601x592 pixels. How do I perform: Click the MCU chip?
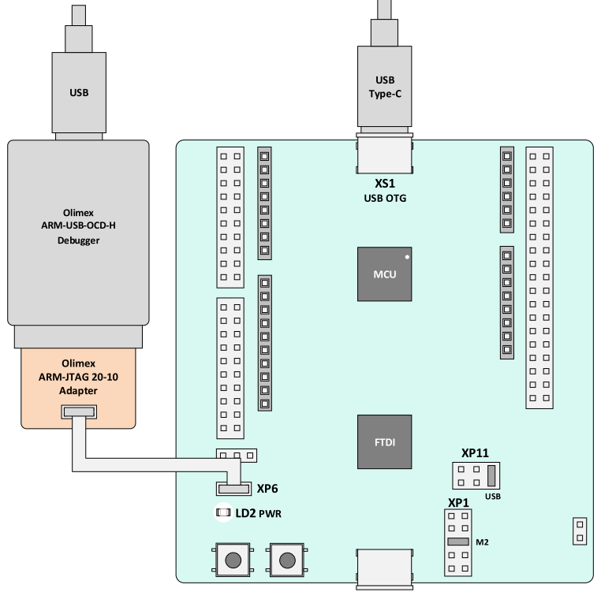click(384, 274)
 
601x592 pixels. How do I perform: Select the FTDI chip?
click(384, 441)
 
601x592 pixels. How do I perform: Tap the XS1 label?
click(385, 184)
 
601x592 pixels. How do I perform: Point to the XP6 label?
click(267, 489)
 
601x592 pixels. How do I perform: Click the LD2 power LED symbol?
click(223, 512)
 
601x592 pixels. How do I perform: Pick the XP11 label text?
click(475, 453)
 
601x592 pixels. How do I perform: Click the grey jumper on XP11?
click(491, 475)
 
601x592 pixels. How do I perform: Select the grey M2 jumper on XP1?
click(458, 542)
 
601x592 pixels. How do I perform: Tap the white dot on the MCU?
click(407, 257)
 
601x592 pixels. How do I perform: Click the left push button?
click(233, 560)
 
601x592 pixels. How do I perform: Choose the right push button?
click(287, 560)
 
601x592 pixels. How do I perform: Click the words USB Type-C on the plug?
click(385, 87)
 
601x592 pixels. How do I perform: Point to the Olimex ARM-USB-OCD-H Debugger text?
click(78, 226)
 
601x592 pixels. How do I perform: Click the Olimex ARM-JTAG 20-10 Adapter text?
click(78, 377)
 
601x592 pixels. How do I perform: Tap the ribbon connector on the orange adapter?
click(79, 412)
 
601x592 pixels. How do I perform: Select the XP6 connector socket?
click(233, 489)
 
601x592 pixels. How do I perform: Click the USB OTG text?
click(385, 198)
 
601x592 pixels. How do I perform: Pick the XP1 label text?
click(458, 503)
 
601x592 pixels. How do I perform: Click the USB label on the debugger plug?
click(79, 93)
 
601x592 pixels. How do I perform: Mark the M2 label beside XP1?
click(482, 542)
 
